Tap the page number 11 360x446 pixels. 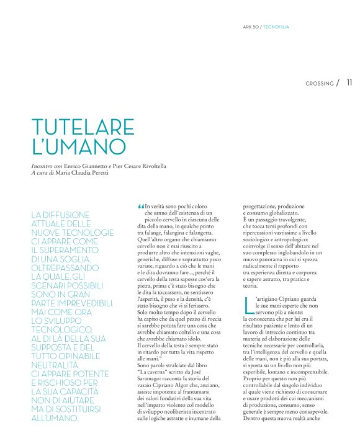point(349,83)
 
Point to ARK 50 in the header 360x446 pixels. point(251,27)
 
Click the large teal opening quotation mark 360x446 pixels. point(140,207)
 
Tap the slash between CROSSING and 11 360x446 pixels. point(338,83)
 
